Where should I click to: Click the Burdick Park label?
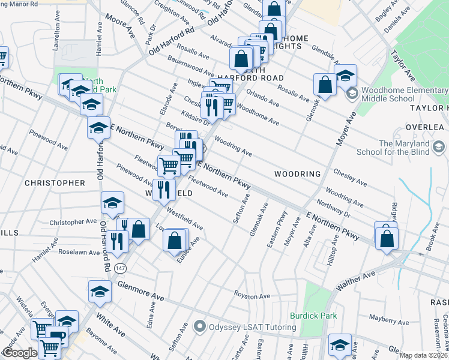(x=313, y=316)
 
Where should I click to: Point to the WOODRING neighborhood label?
(x=297, y=174)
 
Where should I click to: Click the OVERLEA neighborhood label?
(x=424, y=127)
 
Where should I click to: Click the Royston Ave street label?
(x=252, y=296)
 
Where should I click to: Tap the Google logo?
(x=19, y=353)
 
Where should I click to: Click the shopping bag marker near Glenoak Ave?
(x=325, y=85)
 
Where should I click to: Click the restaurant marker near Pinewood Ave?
(x=164, y=190)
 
